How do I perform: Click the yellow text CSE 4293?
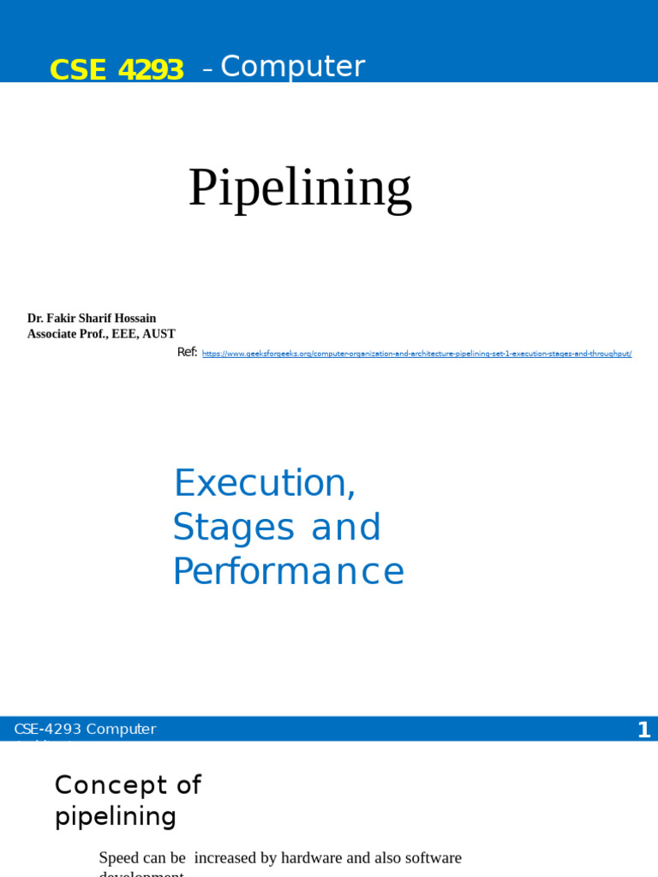pos(117,69)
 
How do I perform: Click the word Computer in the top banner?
pos(292,67)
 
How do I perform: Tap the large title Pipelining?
pos(300,188)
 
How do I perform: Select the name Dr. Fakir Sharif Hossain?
pos(92,319)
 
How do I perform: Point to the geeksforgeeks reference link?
pos(416,354)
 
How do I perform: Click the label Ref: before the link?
pos(187,352)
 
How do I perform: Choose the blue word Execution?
pos(264,484)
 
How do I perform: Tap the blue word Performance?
pos(288,571)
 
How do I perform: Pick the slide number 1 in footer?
pos(643,730)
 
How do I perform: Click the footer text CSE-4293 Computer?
pos(85,729)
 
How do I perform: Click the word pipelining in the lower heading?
pos(116,816)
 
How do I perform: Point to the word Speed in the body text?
pos(118,857)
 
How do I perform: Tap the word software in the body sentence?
pos(434,857)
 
